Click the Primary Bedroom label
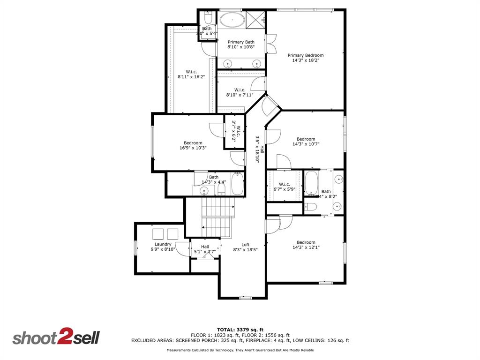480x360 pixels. (306, 55)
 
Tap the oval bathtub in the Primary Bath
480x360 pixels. (232, 20)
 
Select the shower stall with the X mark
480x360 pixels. (255, 20)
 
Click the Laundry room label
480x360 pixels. (163, 244)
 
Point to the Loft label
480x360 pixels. (246, 245)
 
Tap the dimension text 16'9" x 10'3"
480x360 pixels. (193, 148)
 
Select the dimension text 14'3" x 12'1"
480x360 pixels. (306, 247)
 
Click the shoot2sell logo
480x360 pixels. (56, 338)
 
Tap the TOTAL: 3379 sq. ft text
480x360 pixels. (240, 330)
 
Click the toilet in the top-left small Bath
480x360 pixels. (208, 19)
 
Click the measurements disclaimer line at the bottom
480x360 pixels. (240, 350)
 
